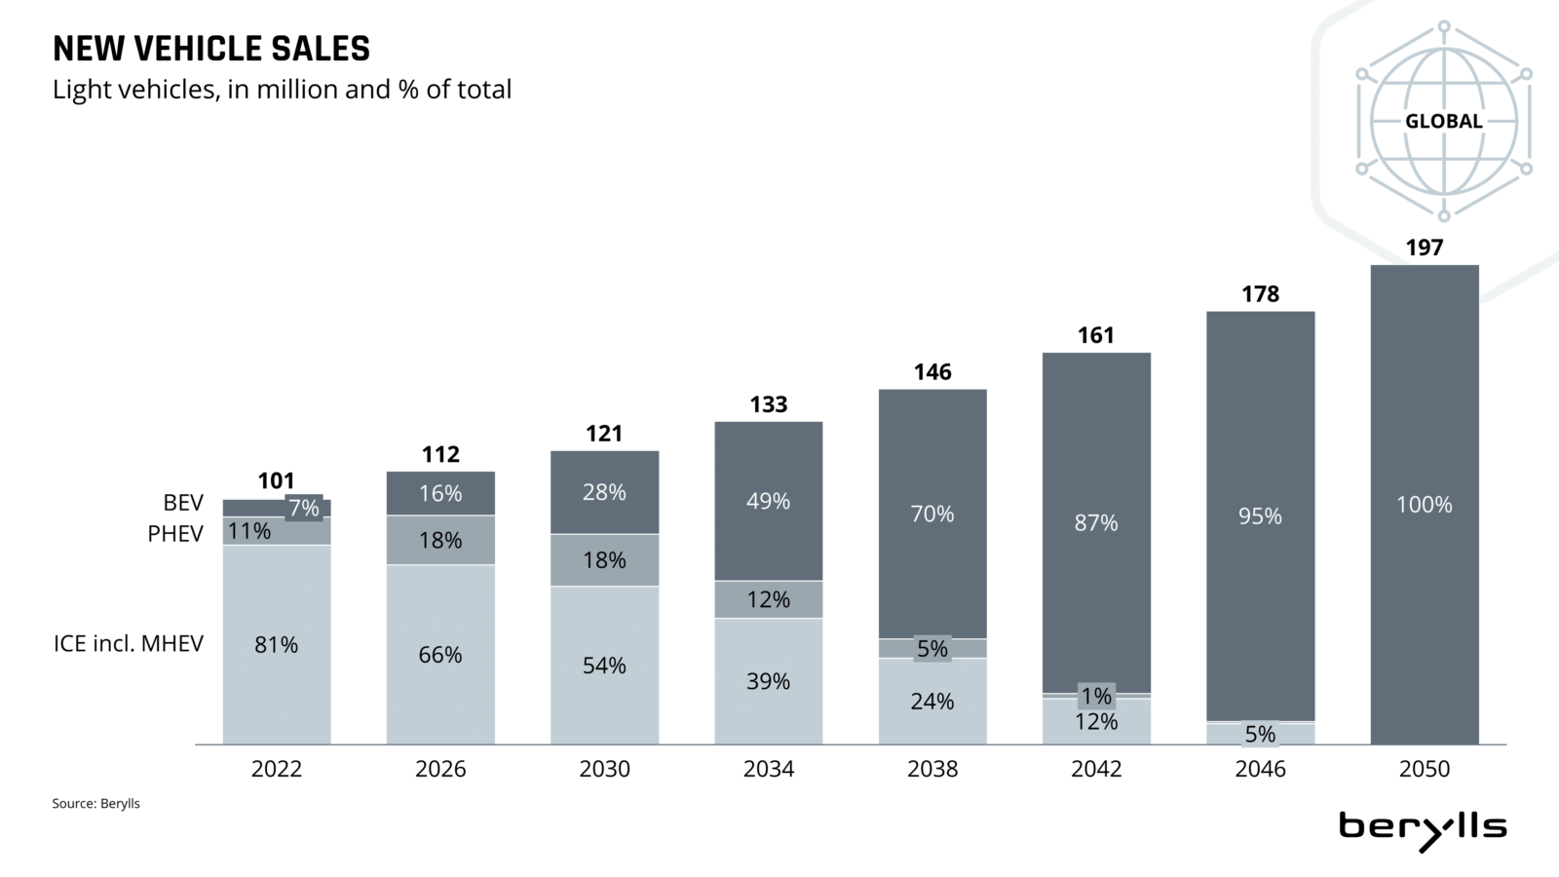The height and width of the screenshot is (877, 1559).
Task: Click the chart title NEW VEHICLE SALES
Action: [x=211, y=49]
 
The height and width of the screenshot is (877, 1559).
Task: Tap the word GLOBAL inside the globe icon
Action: [x=1443, y=122]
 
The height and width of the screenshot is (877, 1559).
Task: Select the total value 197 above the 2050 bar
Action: [x=1424, y=248]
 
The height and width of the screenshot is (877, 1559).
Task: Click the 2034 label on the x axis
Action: [x=768, y=769]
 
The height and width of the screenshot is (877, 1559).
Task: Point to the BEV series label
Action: [x=183, y=503]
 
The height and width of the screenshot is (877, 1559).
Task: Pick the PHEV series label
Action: [x=175, y=534]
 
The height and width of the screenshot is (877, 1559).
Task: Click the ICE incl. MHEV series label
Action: [x=129, y=644]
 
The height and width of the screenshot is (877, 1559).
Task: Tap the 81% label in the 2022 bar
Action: [x=276, y=645]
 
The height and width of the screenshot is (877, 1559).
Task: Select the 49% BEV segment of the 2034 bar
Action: [x=768, y=502]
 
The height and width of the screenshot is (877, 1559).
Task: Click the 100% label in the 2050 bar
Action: [x=1424, y=505]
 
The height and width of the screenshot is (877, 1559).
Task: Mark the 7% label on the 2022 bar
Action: [x=304, y=508]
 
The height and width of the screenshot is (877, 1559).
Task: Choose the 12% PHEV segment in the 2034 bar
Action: [x=768, y=600]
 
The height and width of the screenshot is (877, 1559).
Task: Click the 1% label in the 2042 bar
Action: [x=1096, y=696]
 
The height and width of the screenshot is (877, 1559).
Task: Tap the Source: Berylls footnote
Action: [x=95, y=804]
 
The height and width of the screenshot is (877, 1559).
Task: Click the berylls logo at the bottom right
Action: [x=1423, y=829]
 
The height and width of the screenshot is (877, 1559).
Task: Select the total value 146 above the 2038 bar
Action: [x=932, y=372]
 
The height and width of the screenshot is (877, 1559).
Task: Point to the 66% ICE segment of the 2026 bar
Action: [x=439, y=655]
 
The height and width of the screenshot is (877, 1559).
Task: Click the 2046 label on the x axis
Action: [x=1260, y=769]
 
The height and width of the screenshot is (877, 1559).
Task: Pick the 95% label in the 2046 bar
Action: [x=1260, y=516]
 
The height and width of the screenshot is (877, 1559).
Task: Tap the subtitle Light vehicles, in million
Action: [x=282, y=90]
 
